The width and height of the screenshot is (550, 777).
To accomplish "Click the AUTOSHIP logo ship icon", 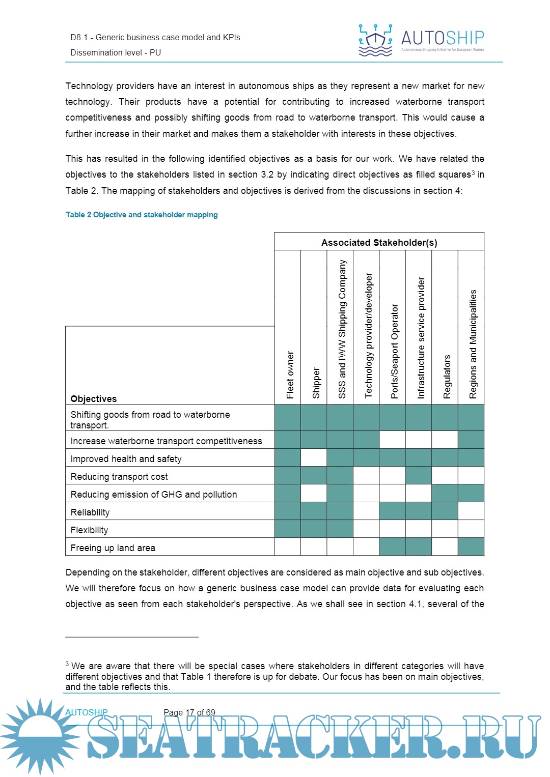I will tap(375, 40).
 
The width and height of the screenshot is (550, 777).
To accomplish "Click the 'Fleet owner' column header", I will tap(290, 375).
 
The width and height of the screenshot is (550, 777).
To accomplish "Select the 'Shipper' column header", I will tap(316, 383).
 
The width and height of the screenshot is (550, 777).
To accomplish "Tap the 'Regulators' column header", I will tap(447, 377).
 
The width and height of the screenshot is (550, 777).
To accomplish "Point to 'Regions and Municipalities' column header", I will tap(473, 344).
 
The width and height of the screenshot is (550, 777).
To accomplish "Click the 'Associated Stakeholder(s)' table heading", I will tap(379, 243).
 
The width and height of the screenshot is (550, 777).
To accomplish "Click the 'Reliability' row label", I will tap(90, 512).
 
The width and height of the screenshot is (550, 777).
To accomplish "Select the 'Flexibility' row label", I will tap(89, 530).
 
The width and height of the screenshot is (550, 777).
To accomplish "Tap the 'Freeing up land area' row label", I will tap(113, 548).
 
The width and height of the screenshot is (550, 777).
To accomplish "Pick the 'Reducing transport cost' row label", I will tap(119, 477).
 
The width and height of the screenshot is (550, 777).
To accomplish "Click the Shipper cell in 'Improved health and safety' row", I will tap(314, 457).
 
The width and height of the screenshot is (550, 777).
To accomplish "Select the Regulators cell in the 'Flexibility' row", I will tap(445, 529).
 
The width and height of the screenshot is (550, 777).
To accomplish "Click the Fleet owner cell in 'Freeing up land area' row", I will tap(288, 546).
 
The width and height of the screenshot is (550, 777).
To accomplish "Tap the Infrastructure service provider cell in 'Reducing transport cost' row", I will tap(419, 475).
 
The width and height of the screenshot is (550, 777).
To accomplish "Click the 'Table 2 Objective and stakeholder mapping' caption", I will tap(142, 215).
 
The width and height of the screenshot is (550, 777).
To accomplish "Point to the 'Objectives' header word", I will tap(94, 399).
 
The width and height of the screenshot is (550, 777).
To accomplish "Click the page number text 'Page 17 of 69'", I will tap(189, 712).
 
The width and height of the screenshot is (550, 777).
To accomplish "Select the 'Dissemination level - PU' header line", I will tap(116, 53).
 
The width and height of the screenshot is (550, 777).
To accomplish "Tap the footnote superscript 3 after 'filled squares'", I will tap(473, 172).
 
